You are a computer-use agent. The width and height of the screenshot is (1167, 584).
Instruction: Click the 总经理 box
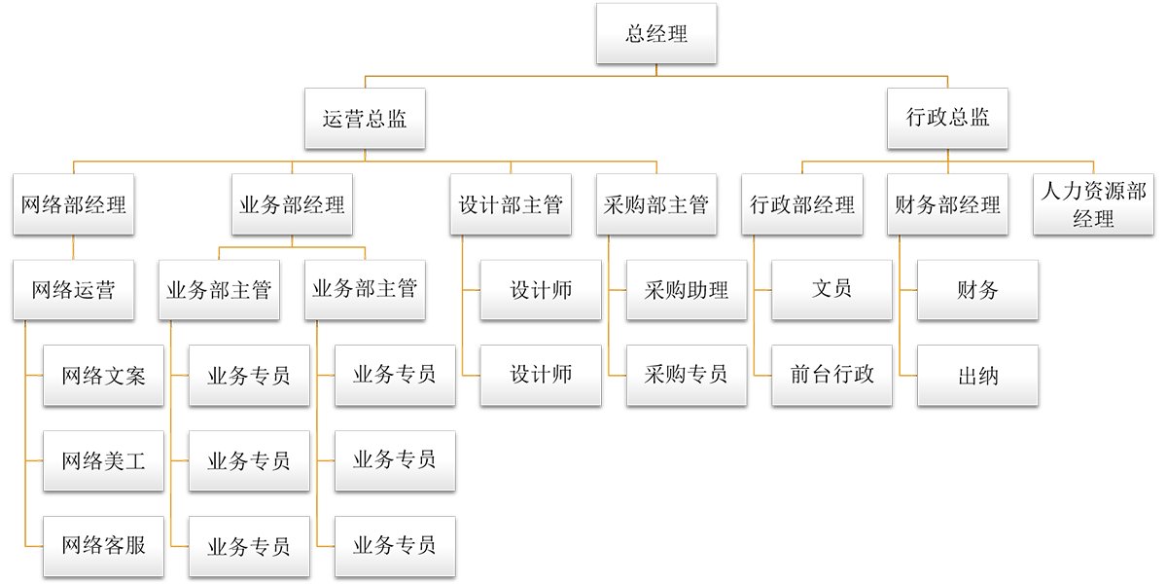point(656,34)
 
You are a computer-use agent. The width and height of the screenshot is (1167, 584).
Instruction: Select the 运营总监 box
point(365,119)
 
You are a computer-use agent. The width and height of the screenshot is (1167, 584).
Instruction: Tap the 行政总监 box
point(948,119)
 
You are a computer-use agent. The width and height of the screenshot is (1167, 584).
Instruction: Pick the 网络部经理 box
point(74,204)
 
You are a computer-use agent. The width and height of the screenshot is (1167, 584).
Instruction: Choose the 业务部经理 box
point(292,204)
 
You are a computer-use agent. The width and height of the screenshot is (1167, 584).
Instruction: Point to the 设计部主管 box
point(511,204)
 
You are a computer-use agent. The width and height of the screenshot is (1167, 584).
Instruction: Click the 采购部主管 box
point(656,204)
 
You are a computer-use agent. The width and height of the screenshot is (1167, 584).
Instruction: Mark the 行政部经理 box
point(802,204)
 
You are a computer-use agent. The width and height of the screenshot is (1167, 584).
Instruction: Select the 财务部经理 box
point(948,204)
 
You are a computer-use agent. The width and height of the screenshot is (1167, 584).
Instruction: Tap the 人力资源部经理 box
point(1093,204)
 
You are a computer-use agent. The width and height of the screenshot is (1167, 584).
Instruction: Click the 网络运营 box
point(74,289)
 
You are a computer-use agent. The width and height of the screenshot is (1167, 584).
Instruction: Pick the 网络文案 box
point(103,375)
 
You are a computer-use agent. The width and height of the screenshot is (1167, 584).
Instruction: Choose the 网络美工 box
point(103,460)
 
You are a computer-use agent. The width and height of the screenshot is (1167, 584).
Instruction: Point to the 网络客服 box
point(103,545)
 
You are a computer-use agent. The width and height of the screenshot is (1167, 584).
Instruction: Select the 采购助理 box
point(686,289)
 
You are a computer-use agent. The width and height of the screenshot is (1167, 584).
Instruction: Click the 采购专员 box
point(686,375)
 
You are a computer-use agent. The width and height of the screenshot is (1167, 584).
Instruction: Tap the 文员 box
point(831,289)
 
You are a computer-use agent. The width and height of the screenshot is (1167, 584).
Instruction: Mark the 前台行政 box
point(831,375)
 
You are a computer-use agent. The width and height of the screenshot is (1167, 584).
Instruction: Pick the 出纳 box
point(977,375)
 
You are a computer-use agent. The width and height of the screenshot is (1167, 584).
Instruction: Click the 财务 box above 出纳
point(977,289)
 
